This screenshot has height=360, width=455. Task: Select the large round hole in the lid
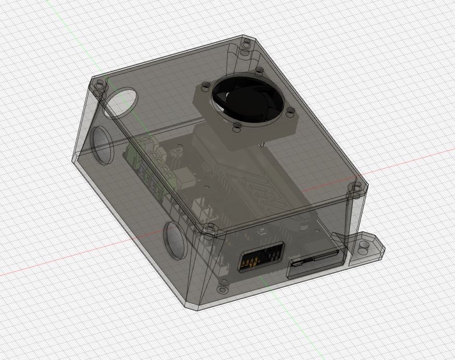tap(123, 103)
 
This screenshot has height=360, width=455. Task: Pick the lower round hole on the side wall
tap(174, 239)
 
